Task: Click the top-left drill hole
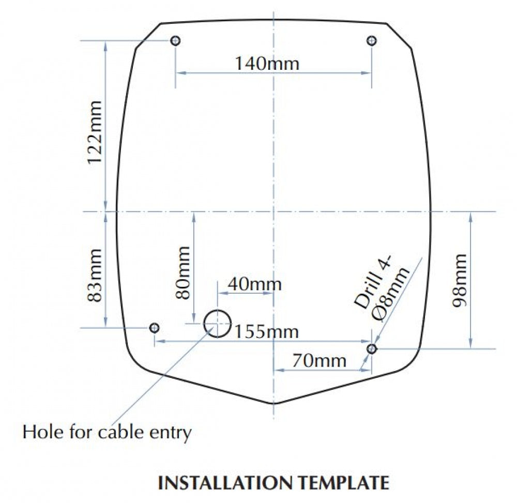(x=175, y=40)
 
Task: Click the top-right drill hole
(x=372, y=40)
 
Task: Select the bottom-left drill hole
(x=154, y=328)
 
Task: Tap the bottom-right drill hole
(x=372, y=348)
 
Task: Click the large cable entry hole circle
(x=204, y=324)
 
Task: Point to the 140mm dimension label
(x=267, y=63)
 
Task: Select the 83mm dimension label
(x=94, y=275)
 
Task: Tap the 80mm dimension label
(x=183, y=272)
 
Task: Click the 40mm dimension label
(x=255, y=284)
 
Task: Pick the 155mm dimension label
(x=266, y=331)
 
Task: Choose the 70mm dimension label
(x=319, y=360)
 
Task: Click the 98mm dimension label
(x=459, y=281)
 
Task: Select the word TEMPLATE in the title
(x=344, y=482)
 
